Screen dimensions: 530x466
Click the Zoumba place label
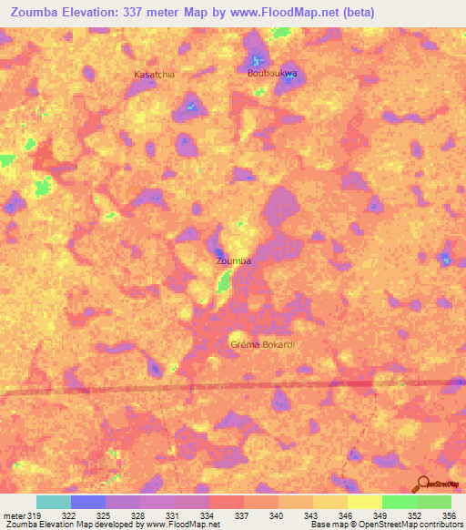click(x=233, y=261)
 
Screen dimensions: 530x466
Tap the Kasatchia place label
click(x=154, y=74)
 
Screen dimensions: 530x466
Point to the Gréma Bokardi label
click(x=264, y=344)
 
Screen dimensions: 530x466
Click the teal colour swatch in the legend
click(x=54, y=502)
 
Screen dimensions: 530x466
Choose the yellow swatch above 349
click(x=364, y=502)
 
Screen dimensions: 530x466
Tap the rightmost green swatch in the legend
click(x=434, y=502)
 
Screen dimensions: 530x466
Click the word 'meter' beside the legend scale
click(x=14, y=515)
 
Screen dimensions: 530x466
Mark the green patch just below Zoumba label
click(x=223, y=283)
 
